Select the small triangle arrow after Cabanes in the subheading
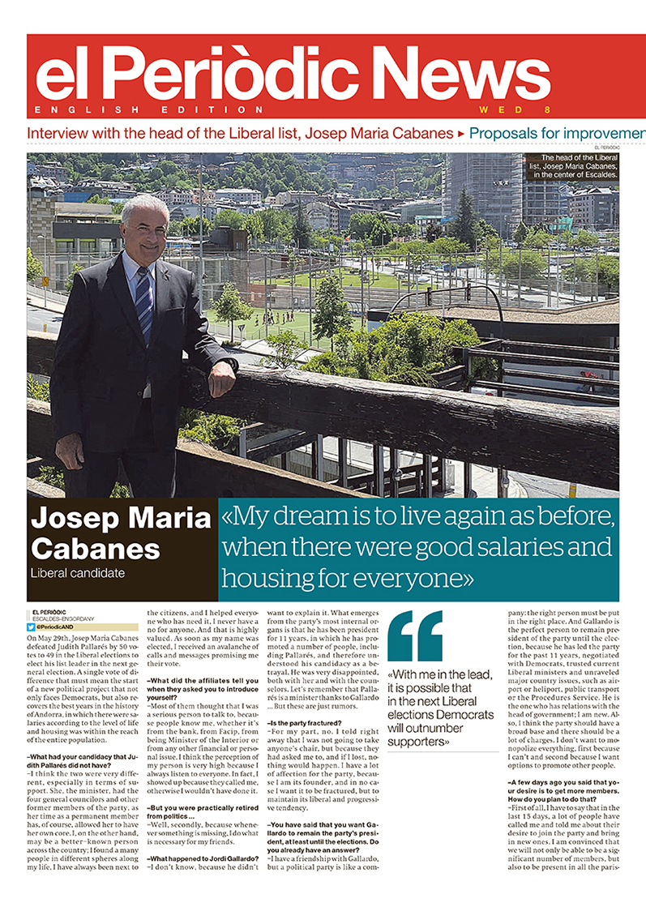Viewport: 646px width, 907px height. tap(460, 132)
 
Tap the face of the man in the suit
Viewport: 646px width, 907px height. tap(144, 229)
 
